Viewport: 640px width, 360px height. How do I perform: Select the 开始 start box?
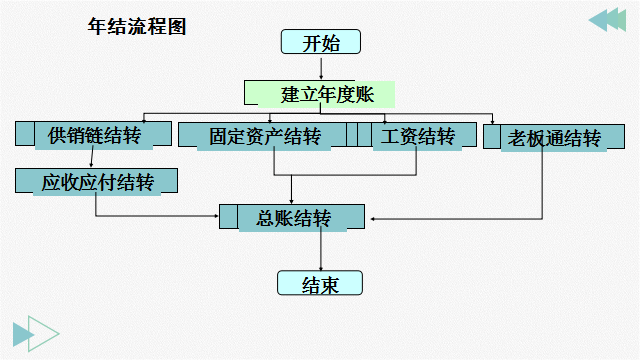coord(319,42)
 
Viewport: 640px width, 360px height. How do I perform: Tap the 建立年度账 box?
coord(320,94)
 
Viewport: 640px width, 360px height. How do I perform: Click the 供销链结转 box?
coord(93,135)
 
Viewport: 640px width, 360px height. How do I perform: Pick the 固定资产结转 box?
coord(263,135)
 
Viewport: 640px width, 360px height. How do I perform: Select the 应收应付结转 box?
coord(96,182)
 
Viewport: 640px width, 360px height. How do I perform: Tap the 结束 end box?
coord(319,284)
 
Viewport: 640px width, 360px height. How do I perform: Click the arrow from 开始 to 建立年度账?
coord(319,67)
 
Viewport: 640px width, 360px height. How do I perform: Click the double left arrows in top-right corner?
coord(605,20)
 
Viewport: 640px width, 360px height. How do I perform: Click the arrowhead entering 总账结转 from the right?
coord(373,217)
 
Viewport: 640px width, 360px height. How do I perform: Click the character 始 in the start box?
coord(331,42)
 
